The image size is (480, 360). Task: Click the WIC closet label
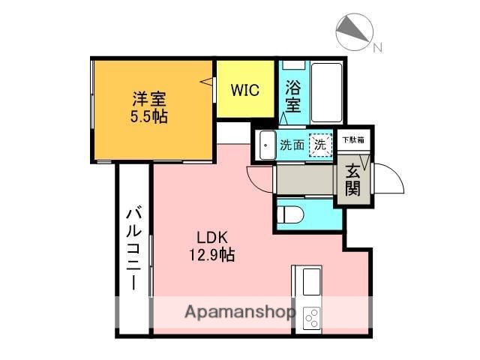245,91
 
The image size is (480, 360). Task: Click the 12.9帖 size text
211,255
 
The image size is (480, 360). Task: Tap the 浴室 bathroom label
293,96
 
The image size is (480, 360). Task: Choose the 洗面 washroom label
292,145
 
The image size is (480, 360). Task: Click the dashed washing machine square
320,145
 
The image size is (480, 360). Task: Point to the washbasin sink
266,145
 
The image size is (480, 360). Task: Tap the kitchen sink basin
310,283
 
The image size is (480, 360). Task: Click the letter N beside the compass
377,48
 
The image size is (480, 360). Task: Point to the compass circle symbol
352,31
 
